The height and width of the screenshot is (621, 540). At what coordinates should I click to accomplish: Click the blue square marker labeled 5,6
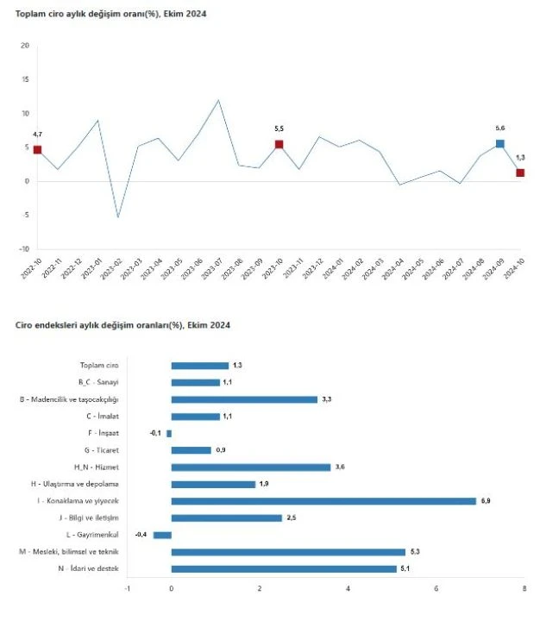click(500, 144)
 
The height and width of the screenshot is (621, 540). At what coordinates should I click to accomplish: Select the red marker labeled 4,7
click(37, 150)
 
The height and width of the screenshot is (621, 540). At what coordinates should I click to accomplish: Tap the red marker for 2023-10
click(279, 144)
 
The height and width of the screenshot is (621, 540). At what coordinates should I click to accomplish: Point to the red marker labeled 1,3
click(520, 172)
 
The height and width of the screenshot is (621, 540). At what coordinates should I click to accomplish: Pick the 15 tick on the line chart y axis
click(24, 79)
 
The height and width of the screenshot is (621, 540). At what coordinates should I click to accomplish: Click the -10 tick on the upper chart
click(23, 248)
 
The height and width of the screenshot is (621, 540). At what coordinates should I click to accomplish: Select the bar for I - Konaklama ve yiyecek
click(323, 501)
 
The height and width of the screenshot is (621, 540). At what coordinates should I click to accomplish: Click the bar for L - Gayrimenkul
click(162, 535)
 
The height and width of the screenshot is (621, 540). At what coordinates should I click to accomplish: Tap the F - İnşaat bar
click(169, 433)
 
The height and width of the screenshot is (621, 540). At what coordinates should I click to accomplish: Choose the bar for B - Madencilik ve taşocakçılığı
click(244, 399)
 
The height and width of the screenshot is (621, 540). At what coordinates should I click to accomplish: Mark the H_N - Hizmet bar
click(251, 467)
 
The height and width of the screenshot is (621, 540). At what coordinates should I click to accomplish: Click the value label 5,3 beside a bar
click(415, 552)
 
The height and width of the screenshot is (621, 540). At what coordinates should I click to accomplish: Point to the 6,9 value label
click(486, 501)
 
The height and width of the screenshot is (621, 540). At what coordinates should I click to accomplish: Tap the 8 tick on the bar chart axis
click(524, 589)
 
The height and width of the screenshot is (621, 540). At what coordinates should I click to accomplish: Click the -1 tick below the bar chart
click(127, 589)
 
